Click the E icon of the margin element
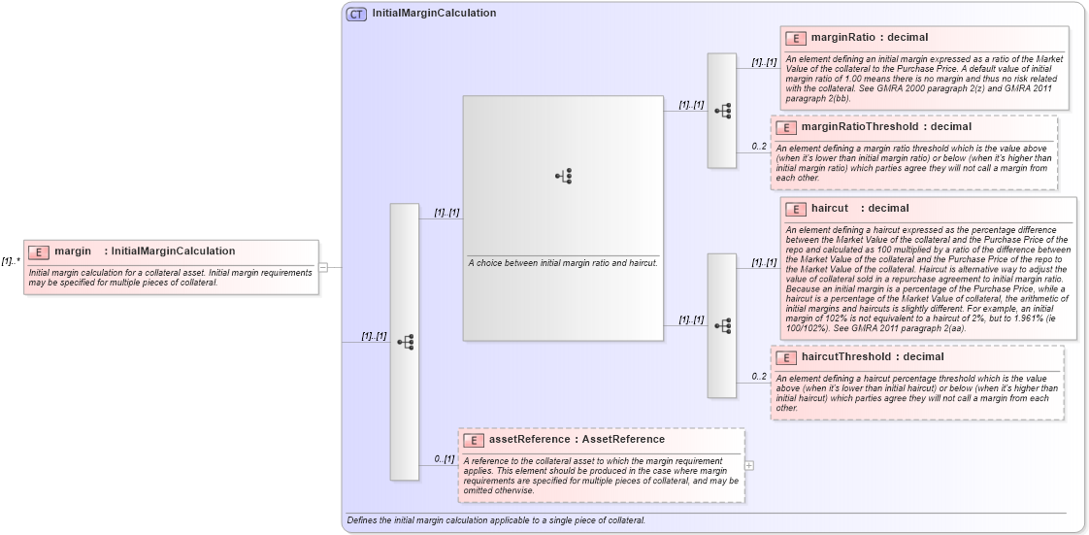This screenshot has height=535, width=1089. (39, 251)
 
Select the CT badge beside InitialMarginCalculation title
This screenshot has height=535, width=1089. (356, 14)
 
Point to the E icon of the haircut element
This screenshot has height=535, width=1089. (796, 209)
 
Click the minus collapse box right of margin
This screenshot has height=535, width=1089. (323, 267)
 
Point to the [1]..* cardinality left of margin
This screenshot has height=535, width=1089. (11, 260)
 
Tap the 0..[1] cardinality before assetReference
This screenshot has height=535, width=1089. (444, 459)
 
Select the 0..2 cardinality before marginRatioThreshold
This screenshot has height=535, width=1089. (759, 147)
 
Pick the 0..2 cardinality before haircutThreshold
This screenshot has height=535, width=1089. (759, 377)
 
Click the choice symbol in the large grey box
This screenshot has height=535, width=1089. (563, 176)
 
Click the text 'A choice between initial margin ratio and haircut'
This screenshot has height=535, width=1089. (563, 263)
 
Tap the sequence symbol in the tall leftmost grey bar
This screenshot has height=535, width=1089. (405, 342)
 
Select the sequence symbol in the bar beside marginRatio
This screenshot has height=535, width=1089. (722, 111)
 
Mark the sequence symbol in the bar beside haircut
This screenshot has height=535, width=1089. (722, 326)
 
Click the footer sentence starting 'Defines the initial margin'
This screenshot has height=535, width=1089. (495, 520)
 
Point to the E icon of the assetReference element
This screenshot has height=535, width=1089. (474, 440)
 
